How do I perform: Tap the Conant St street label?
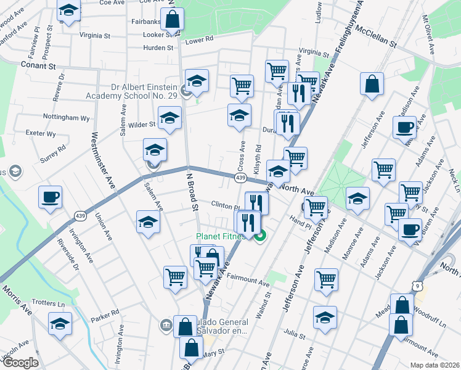point(38,64)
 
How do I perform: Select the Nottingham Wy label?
point(67,117)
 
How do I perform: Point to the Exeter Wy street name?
point(41,133)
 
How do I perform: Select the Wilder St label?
point(142,125)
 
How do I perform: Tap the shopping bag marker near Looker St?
point(172,20)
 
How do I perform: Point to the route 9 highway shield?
point(418,286)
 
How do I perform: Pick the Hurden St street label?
point(142,47)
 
